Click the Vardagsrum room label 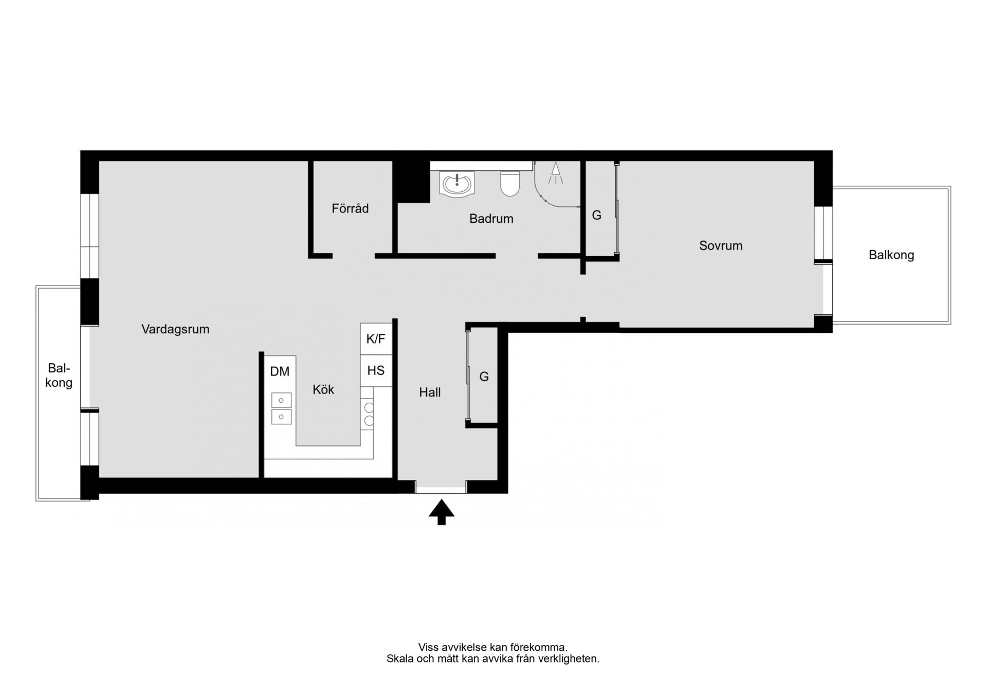(x=175, y=329)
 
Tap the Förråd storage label (x=350, y=208)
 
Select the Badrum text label (x=491, y=219)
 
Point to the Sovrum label (x=721, y=245)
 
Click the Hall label (x=430, y=392)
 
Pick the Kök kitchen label (x=323, y=389)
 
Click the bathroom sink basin (x=456, y=184)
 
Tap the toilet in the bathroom (x=510, y=184)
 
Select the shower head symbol (x=555, y=173)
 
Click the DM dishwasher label (x=280, y=371)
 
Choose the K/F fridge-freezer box (x=376, y=339)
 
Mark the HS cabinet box (x=376, y=370)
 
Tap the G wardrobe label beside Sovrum (x=596, y=215)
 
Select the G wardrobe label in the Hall (x=484, y=377)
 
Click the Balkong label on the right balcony (x=891, y=255)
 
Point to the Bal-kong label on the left (x=59, y=375)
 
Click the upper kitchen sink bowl (x=281, y=400)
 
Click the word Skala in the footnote (x=400, y=659)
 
